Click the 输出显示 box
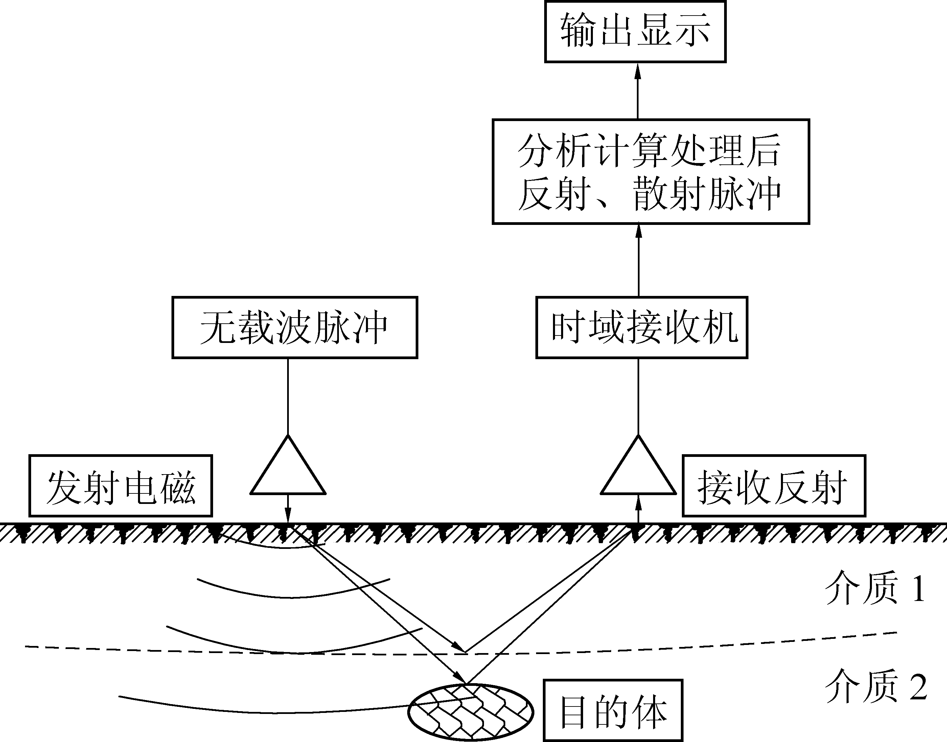pos(635,32)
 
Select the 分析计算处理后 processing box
pos(650,171)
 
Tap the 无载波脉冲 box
pos(295,328)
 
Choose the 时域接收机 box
pos(642,328)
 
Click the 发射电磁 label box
pos(120,486)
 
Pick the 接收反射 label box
pos(774,486)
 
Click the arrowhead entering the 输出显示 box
pos(638,71)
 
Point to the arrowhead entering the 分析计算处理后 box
pos(639,231)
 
